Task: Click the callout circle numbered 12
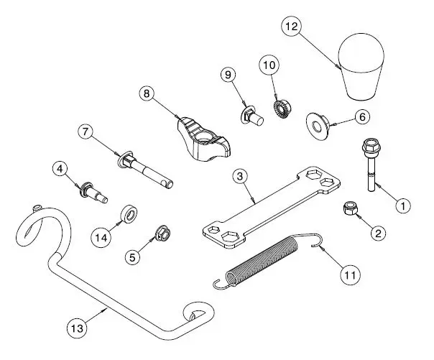click(x=292, y=27)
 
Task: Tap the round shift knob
click(x=361, y=66)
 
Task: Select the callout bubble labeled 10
click(x=269, y=65)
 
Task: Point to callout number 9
click(x=228, y=75)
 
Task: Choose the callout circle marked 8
click(x=147, y=93)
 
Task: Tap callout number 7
click(x=86, y=131)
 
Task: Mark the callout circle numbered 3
click(x=240, y=176)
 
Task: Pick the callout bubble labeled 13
click(x=77, y=328)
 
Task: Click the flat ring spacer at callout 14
click(x=129, y=214)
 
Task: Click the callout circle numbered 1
click(x=403, y=206)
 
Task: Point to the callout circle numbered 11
click(x=350, y=275)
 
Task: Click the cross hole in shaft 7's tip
click(x=167, y=183)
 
